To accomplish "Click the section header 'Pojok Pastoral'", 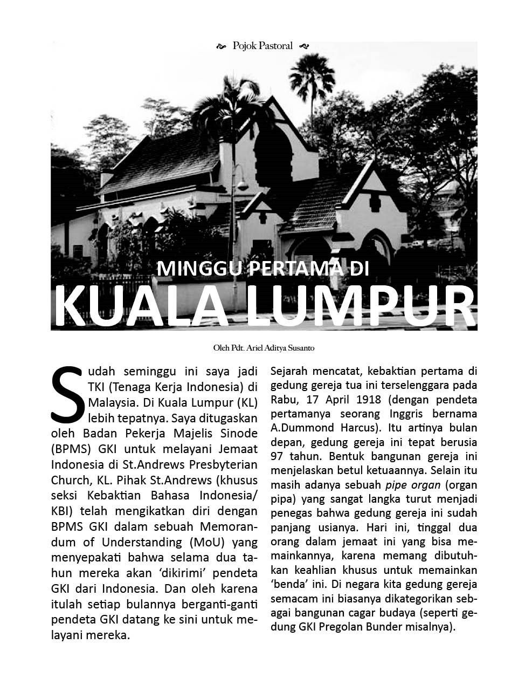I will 262,46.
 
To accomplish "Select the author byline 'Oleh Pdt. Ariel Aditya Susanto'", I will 264,348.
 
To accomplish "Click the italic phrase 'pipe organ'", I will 413,485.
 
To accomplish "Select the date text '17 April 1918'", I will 344,400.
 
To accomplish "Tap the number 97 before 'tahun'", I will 279,456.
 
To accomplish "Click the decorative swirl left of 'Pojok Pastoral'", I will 220,46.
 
